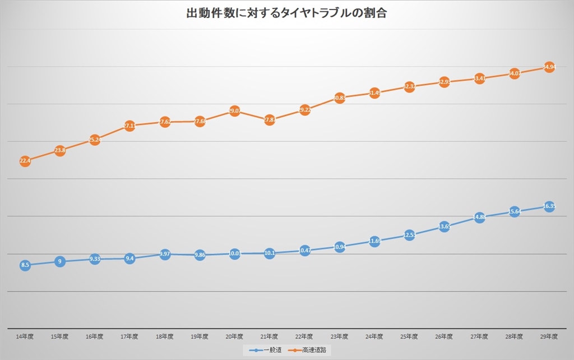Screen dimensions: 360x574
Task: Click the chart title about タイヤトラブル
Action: click(286, 13)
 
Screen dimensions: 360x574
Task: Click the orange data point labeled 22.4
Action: click(25, 161)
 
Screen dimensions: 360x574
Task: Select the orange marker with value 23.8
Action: click(60, 150)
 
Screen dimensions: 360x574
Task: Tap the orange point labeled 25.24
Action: click(95, 140)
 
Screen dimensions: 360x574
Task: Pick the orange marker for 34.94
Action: click(549, 67)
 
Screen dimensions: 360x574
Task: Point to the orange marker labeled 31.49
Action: click(374, 93)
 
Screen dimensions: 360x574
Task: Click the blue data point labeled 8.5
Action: click(25, 265)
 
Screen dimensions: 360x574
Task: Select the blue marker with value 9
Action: click(60, 261)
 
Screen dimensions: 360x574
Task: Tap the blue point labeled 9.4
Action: click(129, 259)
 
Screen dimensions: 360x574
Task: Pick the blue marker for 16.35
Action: click(549, 206)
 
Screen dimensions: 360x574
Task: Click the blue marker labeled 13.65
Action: click(444, 227)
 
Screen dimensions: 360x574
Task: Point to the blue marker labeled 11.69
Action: click(374, 241)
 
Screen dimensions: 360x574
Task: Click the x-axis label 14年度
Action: click(25, 336)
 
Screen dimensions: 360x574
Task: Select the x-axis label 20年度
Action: click(234, 336)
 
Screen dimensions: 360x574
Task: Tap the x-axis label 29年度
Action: click(549, 336)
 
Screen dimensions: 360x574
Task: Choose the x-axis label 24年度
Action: click(374, 336)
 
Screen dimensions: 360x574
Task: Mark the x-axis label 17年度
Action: click(129, 336)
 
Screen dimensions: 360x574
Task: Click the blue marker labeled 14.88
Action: click(479, 218)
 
